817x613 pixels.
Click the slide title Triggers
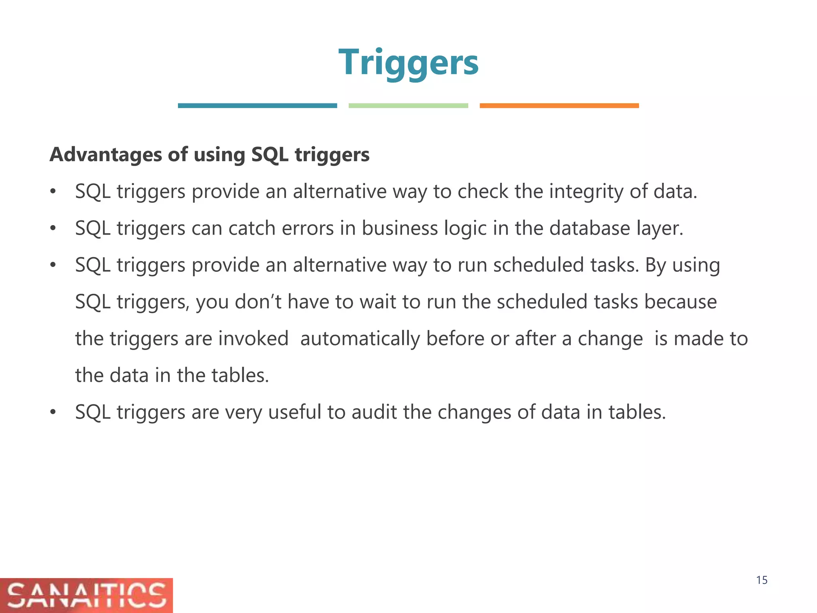[x=408, y=63]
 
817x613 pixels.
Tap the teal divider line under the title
[x=257, y=106]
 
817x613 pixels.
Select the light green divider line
[x=408, y=106]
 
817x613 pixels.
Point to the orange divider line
[x=559, y=106]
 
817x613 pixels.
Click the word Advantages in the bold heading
[x=106, y=155]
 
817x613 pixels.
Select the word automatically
[x=359, y=339]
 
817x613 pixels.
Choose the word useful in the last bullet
[x=294, y=412]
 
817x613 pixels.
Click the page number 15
[x=762, y=580]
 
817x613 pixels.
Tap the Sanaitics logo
[x=86, y=595]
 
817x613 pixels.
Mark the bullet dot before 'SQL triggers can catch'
[x=53, y=229]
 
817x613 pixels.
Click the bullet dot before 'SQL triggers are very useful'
[x=53, y=413]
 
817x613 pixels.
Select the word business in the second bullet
[x=399, y=228]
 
